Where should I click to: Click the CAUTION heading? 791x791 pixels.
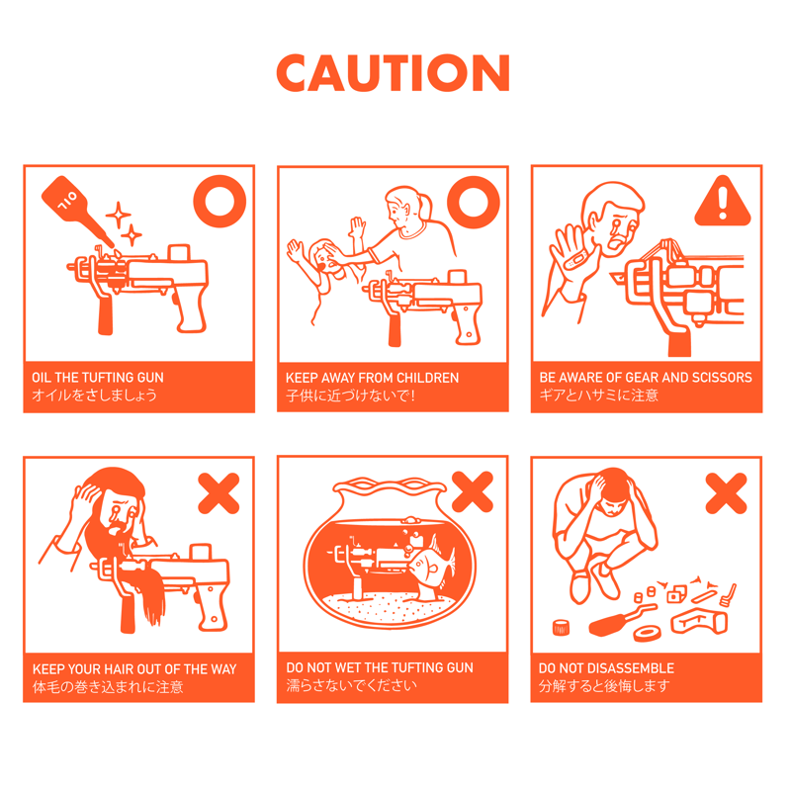[393, 73]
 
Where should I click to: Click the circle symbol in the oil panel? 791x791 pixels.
[220, 201]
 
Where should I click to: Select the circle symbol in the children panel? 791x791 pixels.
[474, 202]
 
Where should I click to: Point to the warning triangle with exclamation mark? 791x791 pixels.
[723, 201]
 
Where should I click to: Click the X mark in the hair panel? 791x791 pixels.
[219, 493]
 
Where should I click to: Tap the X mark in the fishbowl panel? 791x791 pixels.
[473, 491]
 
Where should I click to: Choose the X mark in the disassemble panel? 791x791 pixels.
[726, 493]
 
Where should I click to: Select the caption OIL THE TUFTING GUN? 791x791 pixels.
[98, 378]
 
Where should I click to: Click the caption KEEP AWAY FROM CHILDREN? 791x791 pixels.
[373, 378]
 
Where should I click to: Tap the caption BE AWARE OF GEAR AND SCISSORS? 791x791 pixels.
[646, 378]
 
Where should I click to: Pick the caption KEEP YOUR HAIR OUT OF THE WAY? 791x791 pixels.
[134, 669]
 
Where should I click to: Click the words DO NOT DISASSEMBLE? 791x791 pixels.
[606, 668]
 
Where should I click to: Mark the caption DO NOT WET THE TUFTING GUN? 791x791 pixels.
[380, 667]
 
